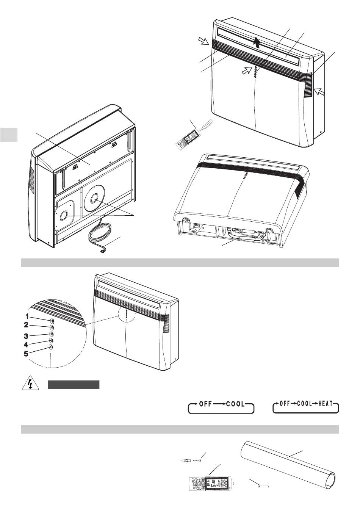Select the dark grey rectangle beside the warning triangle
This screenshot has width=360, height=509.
pyautogui.click(x=74, y=385)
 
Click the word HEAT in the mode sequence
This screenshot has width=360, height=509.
pyautogui.click(x=326, y=404)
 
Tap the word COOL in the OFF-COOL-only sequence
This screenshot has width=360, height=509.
pyautogui.click(x=235, y=404)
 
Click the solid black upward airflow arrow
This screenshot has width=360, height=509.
pyautogui.click(x=257, y=42)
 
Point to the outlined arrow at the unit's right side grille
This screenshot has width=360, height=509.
pyautogui.click(x=319, y=91)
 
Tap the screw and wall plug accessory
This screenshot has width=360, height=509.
pyautogui.click(x=191, y=461)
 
